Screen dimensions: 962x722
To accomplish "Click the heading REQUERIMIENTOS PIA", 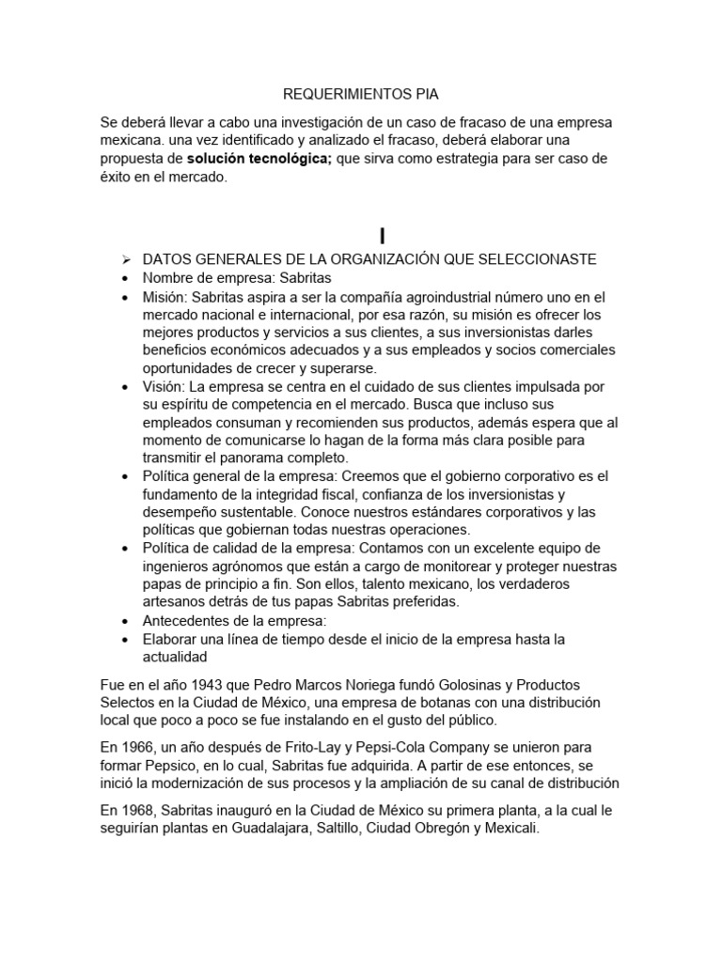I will (360, 94).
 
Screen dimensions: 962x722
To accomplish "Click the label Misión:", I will (165, 296).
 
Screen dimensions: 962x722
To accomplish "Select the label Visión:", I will (164, 386).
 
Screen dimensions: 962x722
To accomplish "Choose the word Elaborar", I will (171, 639).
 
